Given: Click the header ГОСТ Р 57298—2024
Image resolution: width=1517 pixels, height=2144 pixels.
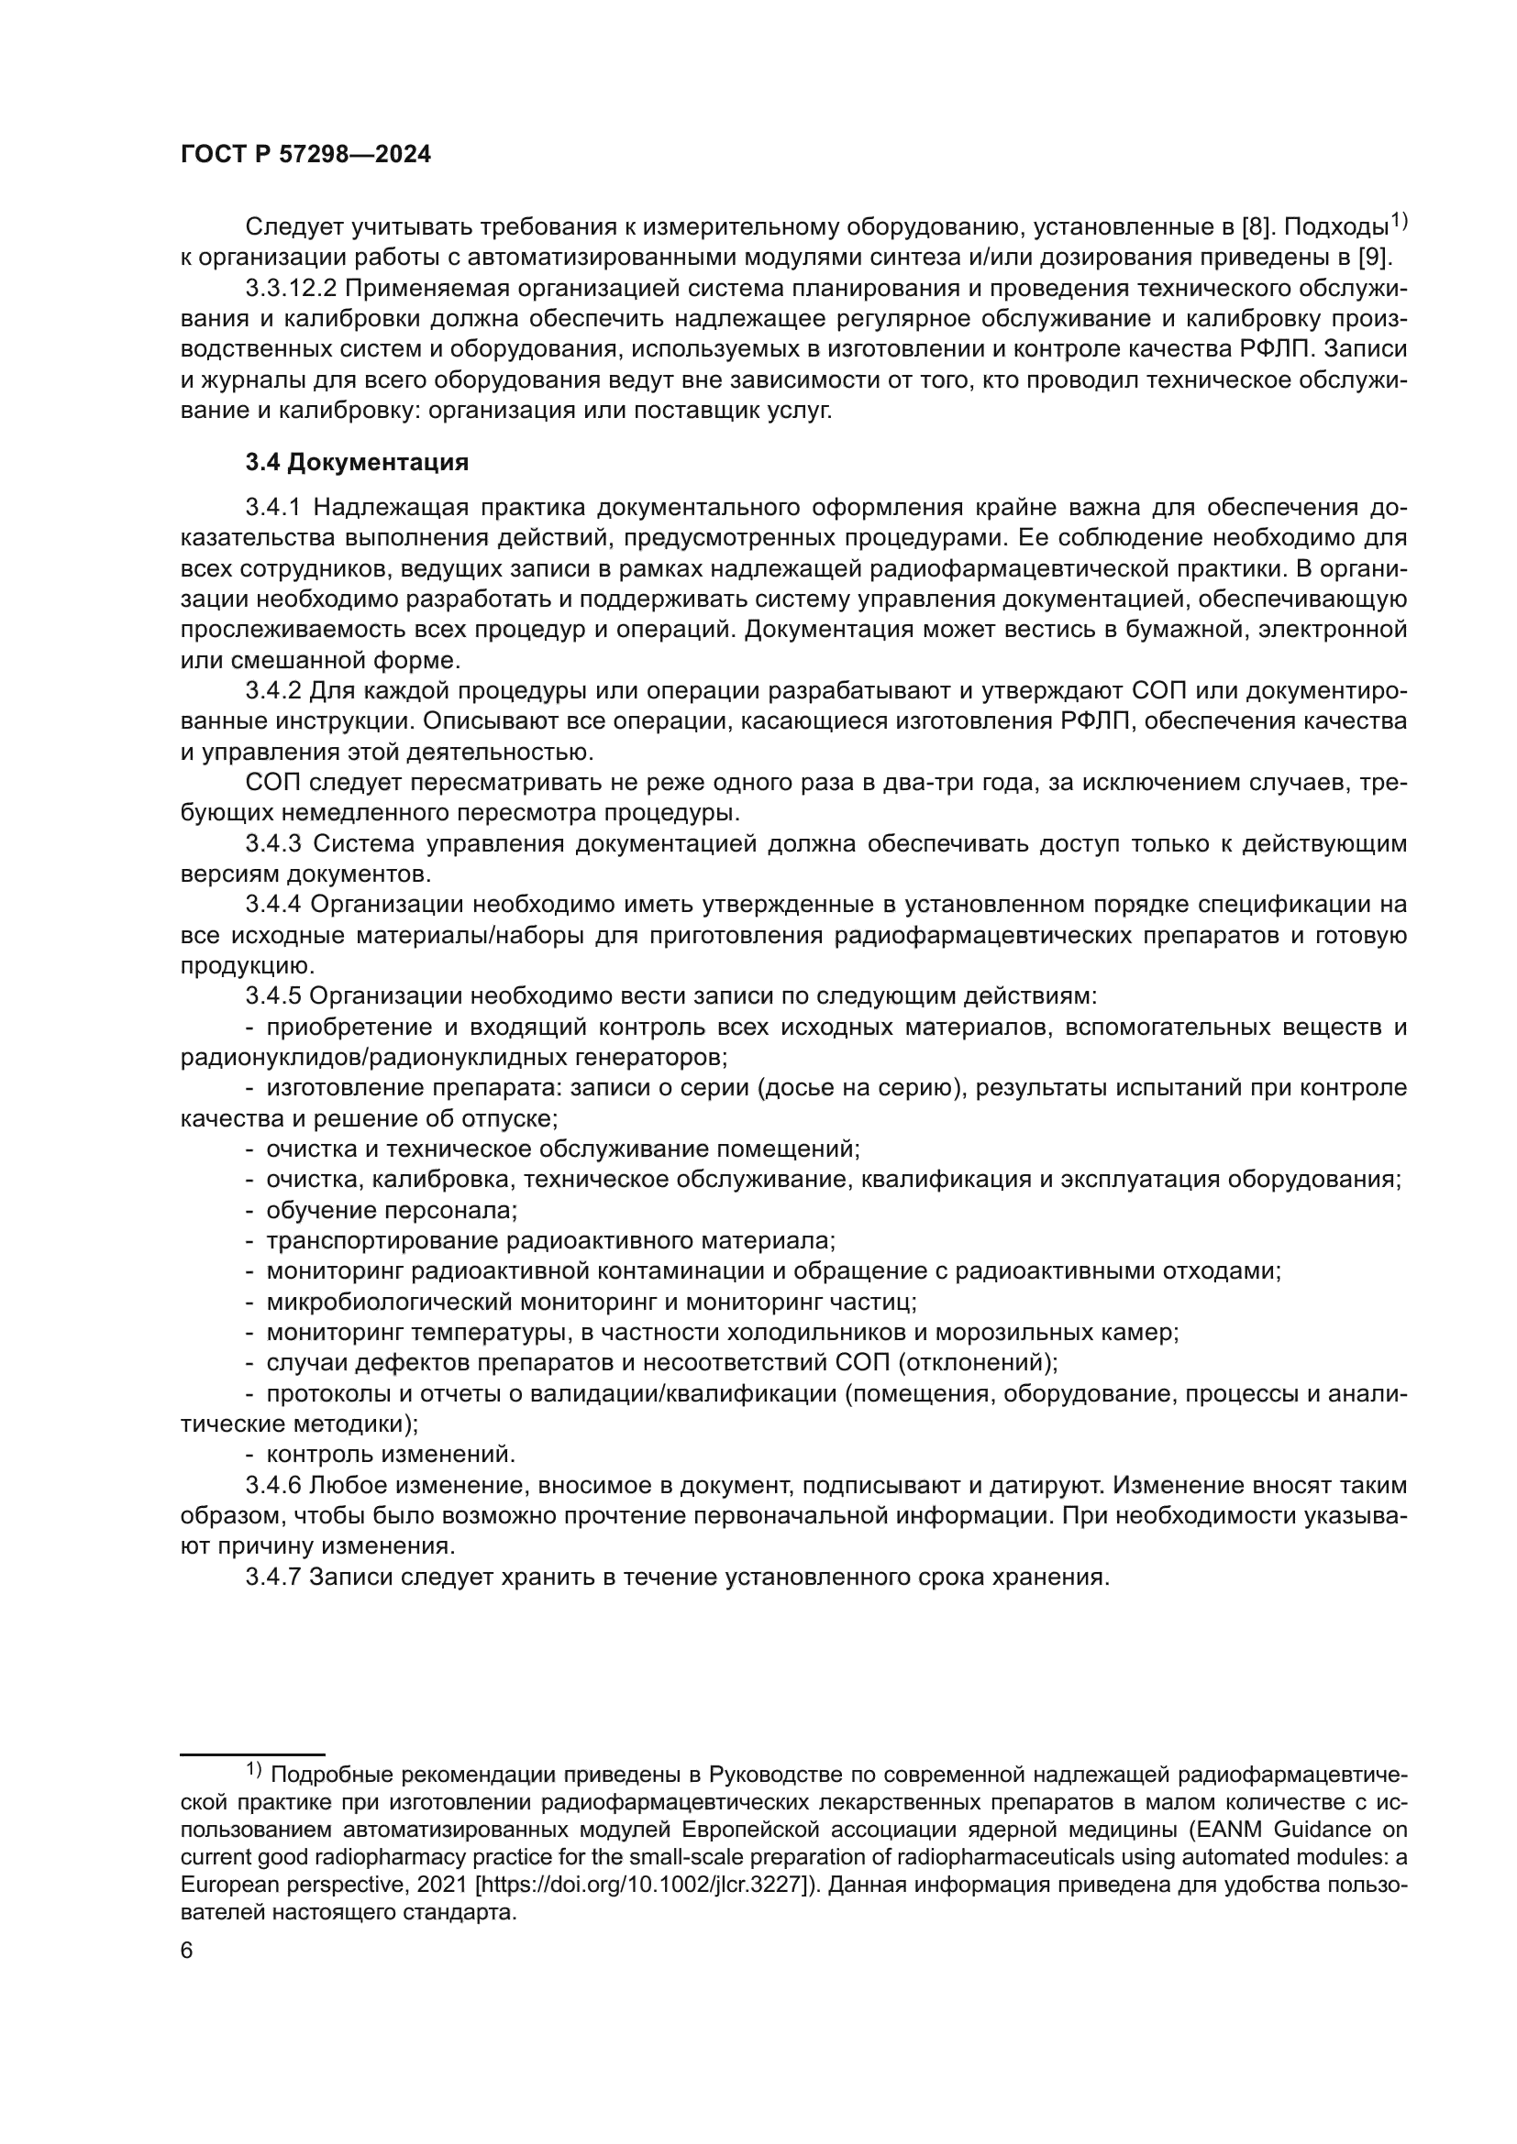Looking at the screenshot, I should [x=305, y=155].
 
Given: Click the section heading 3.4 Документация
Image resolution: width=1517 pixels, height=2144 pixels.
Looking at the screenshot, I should [x=357, y=462].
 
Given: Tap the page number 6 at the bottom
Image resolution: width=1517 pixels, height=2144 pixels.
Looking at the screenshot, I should [x=187, y=1952].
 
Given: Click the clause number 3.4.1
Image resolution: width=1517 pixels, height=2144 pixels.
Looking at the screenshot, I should [x=272, y=508].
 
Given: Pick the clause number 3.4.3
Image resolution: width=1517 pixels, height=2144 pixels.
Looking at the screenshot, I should [x=272, y=844].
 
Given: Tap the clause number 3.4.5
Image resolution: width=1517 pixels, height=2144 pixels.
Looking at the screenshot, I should [x=272, y=996].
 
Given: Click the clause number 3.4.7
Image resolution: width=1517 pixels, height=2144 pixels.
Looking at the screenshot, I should [x=272, y=1578].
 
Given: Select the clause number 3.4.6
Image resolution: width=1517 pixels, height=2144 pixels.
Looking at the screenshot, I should [x=272, y=1486].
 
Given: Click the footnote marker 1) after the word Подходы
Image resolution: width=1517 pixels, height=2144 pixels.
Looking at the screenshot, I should [x=1398, y=220].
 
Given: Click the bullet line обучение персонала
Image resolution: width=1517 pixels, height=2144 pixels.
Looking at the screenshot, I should [x=392, y=1211].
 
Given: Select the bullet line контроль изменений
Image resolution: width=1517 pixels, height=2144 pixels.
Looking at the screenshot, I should [x=391, y=1455].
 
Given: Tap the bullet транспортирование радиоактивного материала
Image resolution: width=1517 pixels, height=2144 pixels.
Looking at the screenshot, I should [x=550, y=1241].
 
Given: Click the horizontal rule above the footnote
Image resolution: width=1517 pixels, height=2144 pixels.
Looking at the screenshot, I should [x=252, y=1754].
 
